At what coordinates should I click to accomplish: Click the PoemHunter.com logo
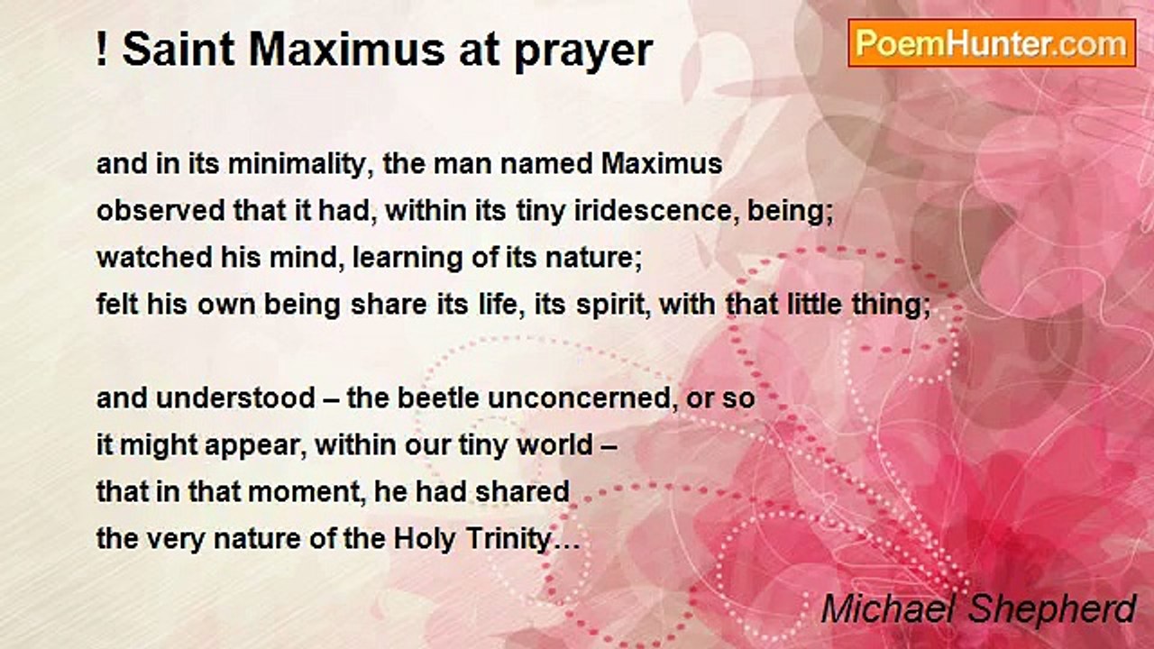(x=992, y=42)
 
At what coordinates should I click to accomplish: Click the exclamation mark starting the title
(x=102, y=51)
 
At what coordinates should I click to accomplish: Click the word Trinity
(x=515, y=540)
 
